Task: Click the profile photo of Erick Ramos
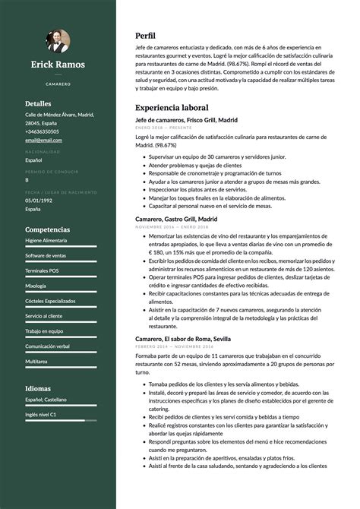point(58,40)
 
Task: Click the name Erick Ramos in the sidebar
point(58,65)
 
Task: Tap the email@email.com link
point(43,140)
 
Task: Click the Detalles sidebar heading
point(38,103)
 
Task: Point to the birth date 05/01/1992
point(39,201)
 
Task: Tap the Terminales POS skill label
point(43,270)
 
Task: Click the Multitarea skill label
point(36,361)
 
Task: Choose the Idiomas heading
point(38,388)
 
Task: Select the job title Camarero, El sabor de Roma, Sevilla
point(183,338)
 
